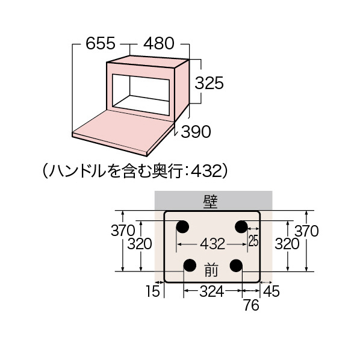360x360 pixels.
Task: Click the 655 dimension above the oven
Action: click(x=101, y=43)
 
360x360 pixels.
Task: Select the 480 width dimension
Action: click(x=159, y=43)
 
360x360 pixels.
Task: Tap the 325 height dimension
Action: click(x=209, y=82)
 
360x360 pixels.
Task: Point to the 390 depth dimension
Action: click(x=196, y=132)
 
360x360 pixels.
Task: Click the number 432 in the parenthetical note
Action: click(x=207, y=172)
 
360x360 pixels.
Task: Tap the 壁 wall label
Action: click(x=210, y=202)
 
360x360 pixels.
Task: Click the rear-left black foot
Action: click(x=182, y=227)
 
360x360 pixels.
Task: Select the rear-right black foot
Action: click(x=241, y=227)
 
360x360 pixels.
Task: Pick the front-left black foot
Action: click(x=190, y=265)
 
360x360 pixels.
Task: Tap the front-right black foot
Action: click(x=236, y=265)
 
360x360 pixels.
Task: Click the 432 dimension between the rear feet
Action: click(x=213, y=244)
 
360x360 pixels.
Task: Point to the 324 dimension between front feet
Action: click(x=211, y=291)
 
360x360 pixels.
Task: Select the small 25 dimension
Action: click(x=253, y=241)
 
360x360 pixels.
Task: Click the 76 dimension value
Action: click(x=251, y=305)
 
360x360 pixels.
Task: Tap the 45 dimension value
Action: click(x=271, y=291)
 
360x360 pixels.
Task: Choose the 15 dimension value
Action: click(x=152, y=291)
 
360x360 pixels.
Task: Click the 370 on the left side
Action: click(x=123, y=231)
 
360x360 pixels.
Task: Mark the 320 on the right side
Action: click(x=287, y=244)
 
